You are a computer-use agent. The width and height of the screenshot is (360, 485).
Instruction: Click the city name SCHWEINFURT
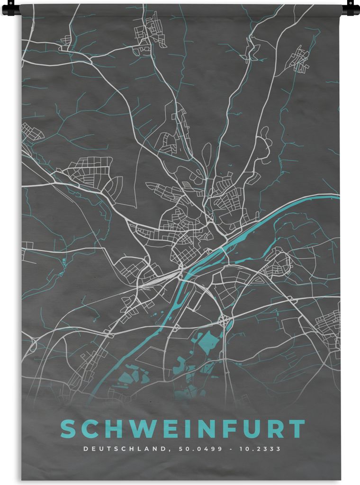point(182,429)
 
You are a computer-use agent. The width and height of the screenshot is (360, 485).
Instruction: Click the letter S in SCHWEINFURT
point(69,429)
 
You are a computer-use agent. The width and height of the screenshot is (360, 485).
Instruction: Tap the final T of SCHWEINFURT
point(297,429)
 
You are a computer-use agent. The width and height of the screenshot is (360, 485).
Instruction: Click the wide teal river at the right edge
point(327,197)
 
